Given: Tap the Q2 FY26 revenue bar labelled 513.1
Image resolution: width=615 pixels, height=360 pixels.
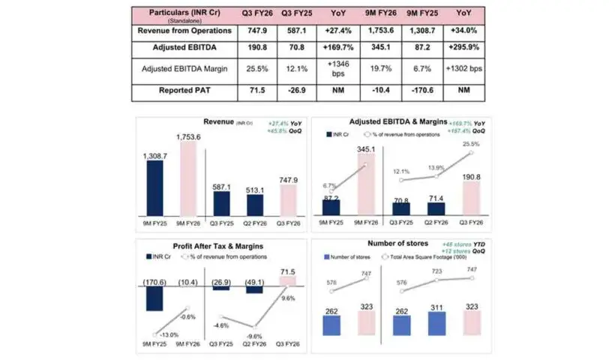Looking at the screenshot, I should click(254, 205).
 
